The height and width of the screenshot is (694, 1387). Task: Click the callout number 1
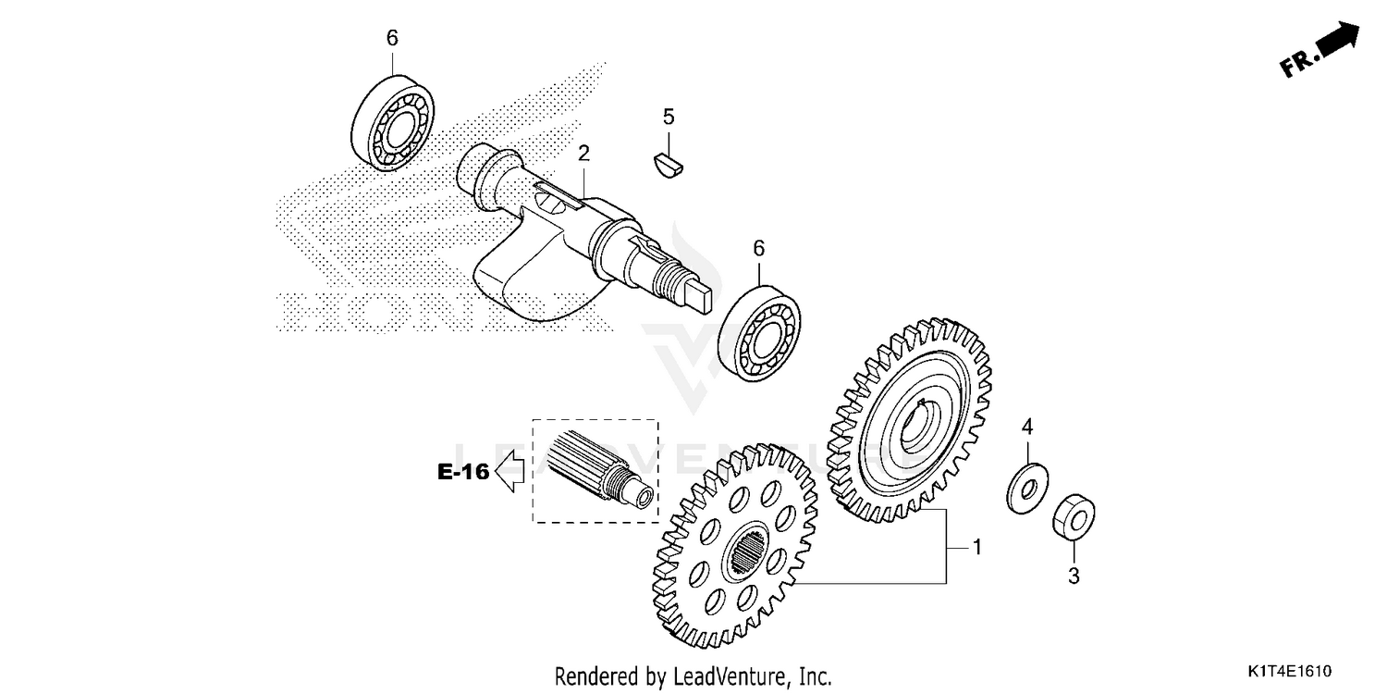point(976,548)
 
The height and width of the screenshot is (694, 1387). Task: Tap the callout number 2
point(583,153)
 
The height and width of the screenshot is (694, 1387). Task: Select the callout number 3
point(1074,576)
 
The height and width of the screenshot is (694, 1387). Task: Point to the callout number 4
point(1025,427)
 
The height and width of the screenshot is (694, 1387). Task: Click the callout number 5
point(669,117)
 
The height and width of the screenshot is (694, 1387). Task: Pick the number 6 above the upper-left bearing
point(392,38)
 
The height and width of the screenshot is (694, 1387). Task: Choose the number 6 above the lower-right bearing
point(759,248)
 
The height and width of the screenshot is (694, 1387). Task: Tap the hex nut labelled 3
point(1074,516)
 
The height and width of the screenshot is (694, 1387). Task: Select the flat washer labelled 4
point(1026,486)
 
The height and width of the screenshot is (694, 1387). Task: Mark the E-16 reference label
point(463,472)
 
